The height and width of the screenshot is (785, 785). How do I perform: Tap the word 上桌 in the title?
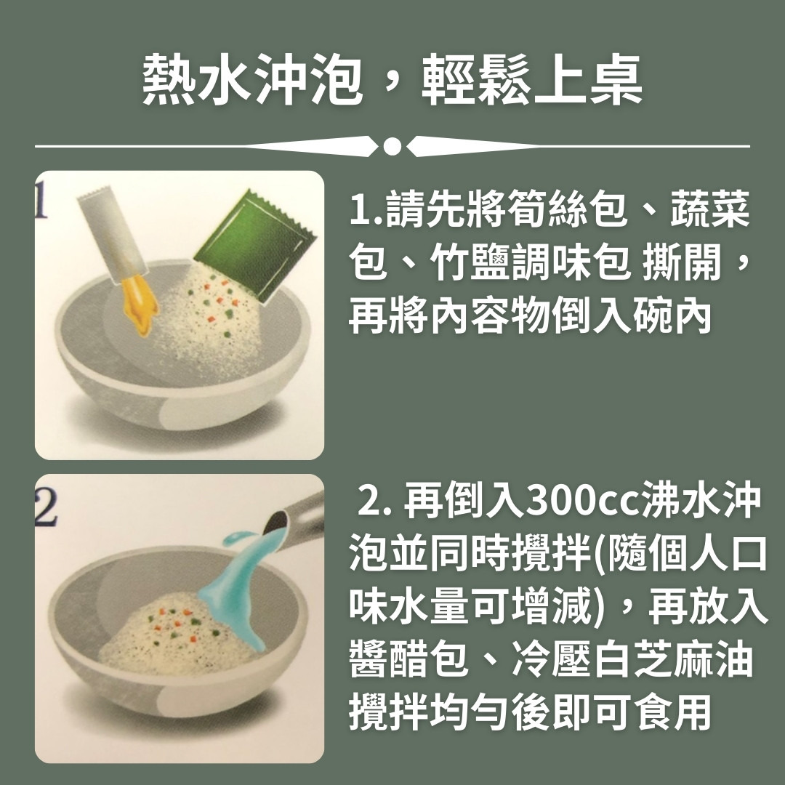[587, 80]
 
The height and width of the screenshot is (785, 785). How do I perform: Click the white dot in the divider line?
[392, 146]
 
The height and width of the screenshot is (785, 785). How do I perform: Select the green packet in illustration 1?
[255, 246]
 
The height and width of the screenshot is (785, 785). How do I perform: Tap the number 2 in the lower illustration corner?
[46, 506]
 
